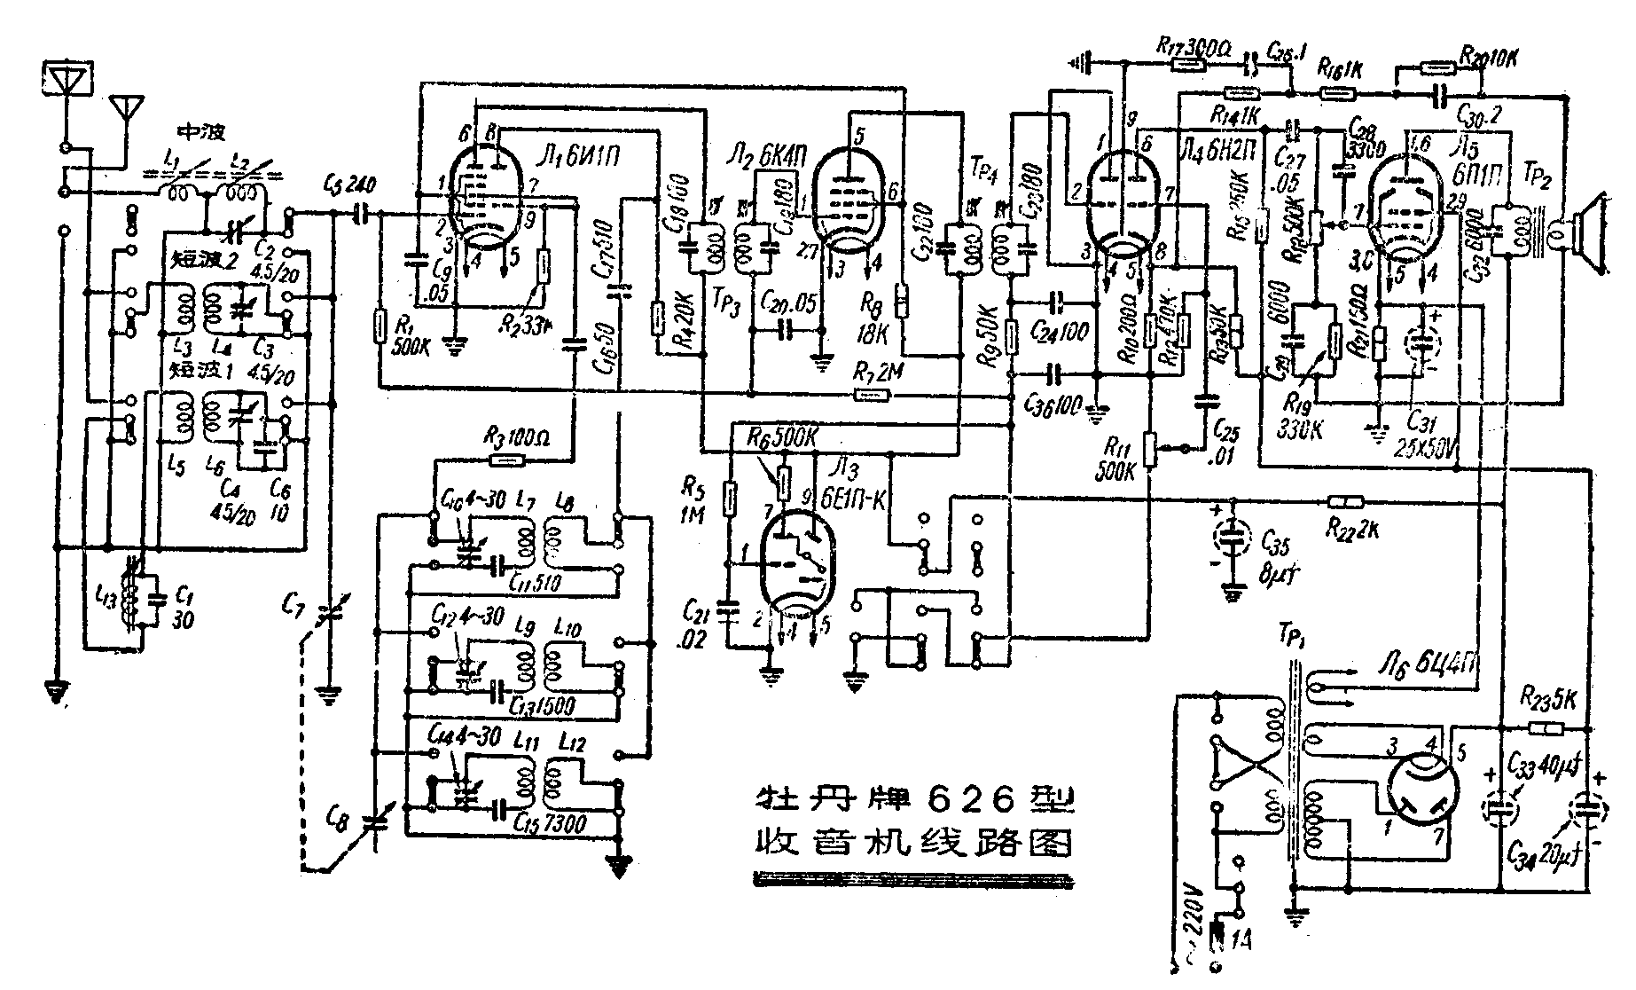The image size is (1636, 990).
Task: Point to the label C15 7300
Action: click(551, 823)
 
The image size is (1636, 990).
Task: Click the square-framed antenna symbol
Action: click(67, 79)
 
